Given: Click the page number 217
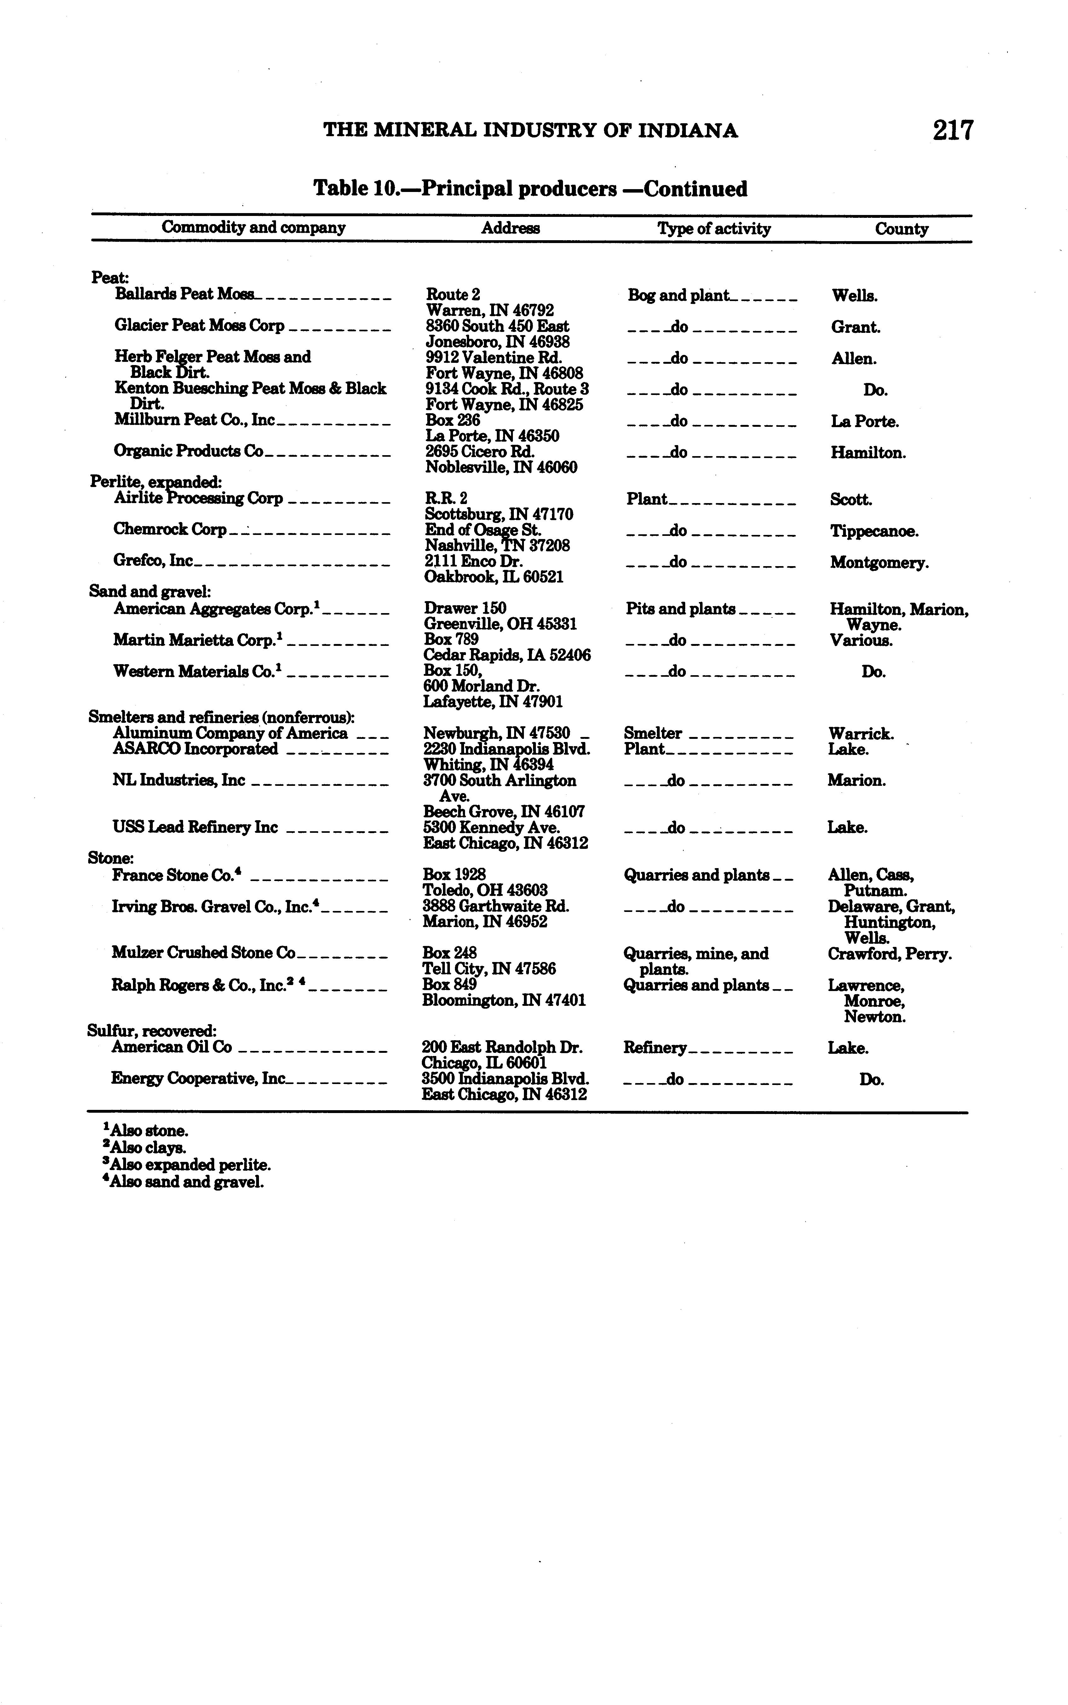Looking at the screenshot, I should click(953, 131).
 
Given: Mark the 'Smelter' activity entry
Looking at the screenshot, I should click(653, 734).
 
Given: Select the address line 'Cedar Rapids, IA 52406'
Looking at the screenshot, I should click(507, 655).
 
